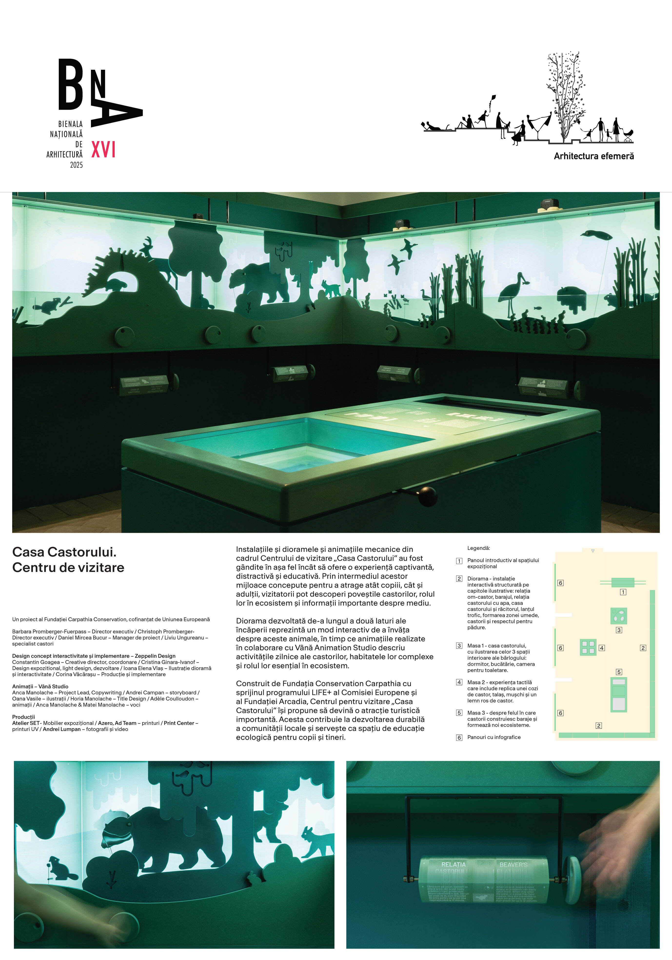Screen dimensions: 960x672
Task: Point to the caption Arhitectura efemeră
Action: (593, 156)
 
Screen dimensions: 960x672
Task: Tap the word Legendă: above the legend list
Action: (478, 548)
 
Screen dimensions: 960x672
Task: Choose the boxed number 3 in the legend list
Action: (459, 646)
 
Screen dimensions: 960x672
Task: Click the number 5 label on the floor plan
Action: (619, 672)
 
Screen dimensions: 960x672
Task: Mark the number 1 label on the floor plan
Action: (623, 592)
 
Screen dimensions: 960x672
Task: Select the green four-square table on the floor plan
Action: (588, 647)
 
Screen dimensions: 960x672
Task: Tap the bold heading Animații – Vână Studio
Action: (40, 686)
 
